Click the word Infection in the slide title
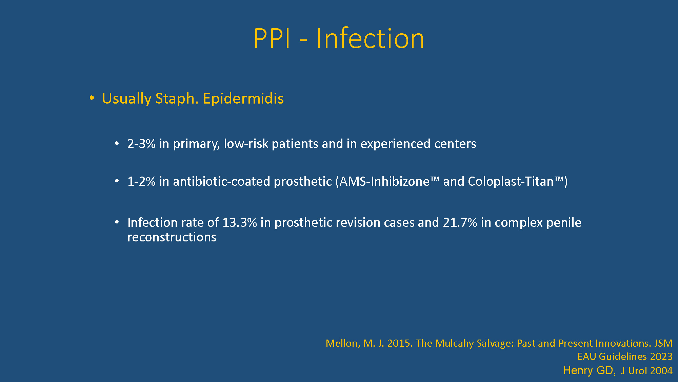(370, 38)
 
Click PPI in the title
(272, 38)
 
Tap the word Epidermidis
(243, 99)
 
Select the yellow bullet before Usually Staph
(92, 98)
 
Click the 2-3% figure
(141, 144)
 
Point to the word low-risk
(246, 144)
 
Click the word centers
(455, 144)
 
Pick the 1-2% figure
(141, 181)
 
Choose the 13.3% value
(240, 222)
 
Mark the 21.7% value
(460, 222)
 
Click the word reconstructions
(172, 237)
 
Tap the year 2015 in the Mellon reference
(400, 343)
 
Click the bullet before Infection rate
(117, 222)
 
